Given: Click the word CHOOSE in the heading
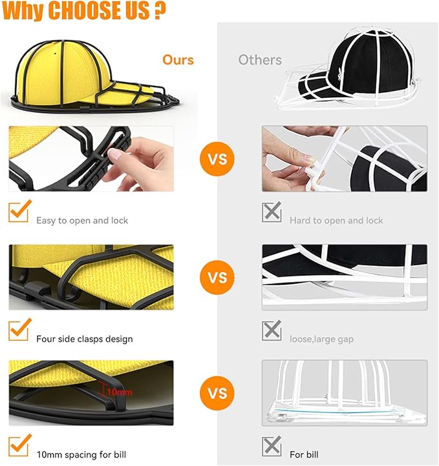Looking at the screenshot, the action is point(98,10).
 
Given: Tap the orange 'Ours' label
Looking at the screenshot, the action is point(178,60).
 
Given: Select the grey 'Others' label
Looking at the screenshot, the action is point(260,60).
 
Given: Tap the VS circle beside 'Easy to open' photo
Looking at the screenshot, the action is point(217,159).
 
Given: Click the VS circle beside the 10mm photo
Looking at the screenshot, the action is point(217,393).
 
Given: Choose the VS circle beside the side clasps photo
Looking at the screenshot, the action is point(217,278).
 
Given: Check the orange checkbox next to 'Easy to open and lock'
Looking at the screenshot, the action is point(19,211).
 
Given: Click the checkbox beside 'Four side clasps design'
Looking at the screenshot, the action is point(19,330).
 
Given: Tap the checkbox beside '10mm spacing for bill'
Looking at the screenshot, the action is point(19,445).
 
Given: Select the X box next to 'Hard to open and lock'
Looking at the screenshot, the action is point(272,212).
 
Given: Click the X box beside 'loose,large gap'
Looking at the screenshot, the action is point(272,330).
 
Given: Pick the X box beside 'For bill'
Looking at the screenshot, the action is point(272,446).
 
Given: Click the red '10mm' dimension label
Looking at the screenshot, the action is point(120,392).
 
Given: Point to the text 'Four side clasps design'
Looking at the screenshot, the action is point(85,339).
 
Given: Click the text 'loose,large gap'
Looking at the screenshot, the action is point(322,339).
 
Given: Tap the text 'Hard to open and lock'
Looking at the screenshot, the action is point(336,221).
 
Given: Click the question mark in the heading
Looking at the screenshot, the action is point(160,10).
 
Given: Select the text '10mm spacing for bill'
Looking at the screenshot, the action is point(81,455).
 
